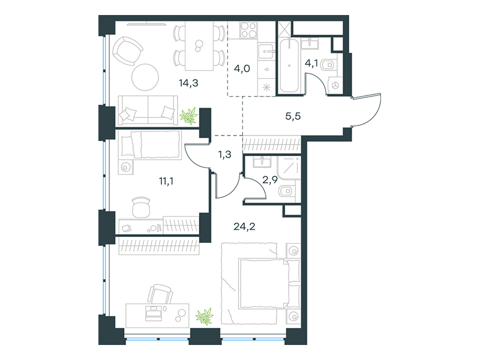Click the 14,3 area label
(188, 83)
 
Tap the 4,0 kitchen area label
(242, 68)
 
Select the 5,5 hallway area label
(293, 116)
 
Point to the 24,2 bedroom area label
(244, 227)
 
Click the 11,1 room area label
(166, 181)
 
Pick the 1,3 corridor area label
(224, 155)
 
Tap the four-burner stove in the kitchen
(248, 30)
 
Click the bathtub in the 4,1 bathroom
(289, 65)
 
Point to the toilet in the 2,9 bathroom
(287, 191)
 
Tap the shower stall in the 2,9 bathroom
(289, 168)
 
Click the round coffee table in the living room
(145, 77)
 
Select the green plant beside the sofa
(188, 116)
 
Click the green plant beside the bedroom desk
(205, 317)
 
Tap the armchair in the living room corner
(127, 50)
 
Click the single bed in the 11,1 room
(150, 145)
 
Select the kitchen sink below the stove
(266, 52)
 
